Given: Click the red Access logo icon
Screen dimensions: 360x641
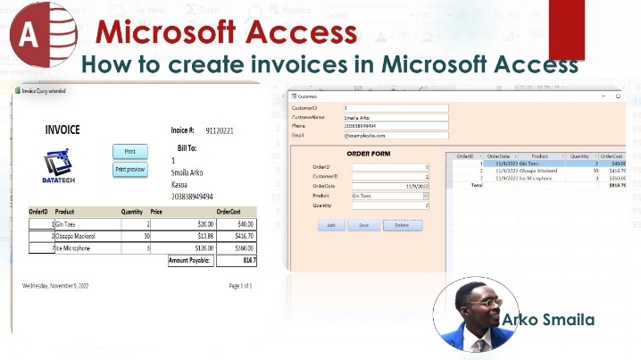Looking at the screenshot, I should pos(37,36).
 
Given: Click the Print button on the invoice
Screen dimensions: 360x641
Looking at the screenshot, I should pos(129,150).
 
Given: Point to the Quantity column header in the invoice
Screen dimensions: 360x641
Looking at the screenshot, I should pos(132,212).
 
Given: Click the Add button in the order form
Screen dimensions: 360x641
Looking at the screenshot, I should pos(330,225).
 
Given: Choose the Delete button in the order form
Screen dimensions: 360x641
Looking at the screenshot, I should pos(403,225).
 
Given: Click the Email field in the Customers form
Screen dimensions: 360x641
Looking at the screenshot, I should pos(395,135).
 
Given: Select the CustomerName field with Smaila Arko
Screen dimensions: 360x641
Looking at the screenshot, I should pos(395,117).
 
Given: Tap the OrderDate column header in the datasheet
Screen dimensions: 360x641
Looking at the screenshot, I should pos(498,156).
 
